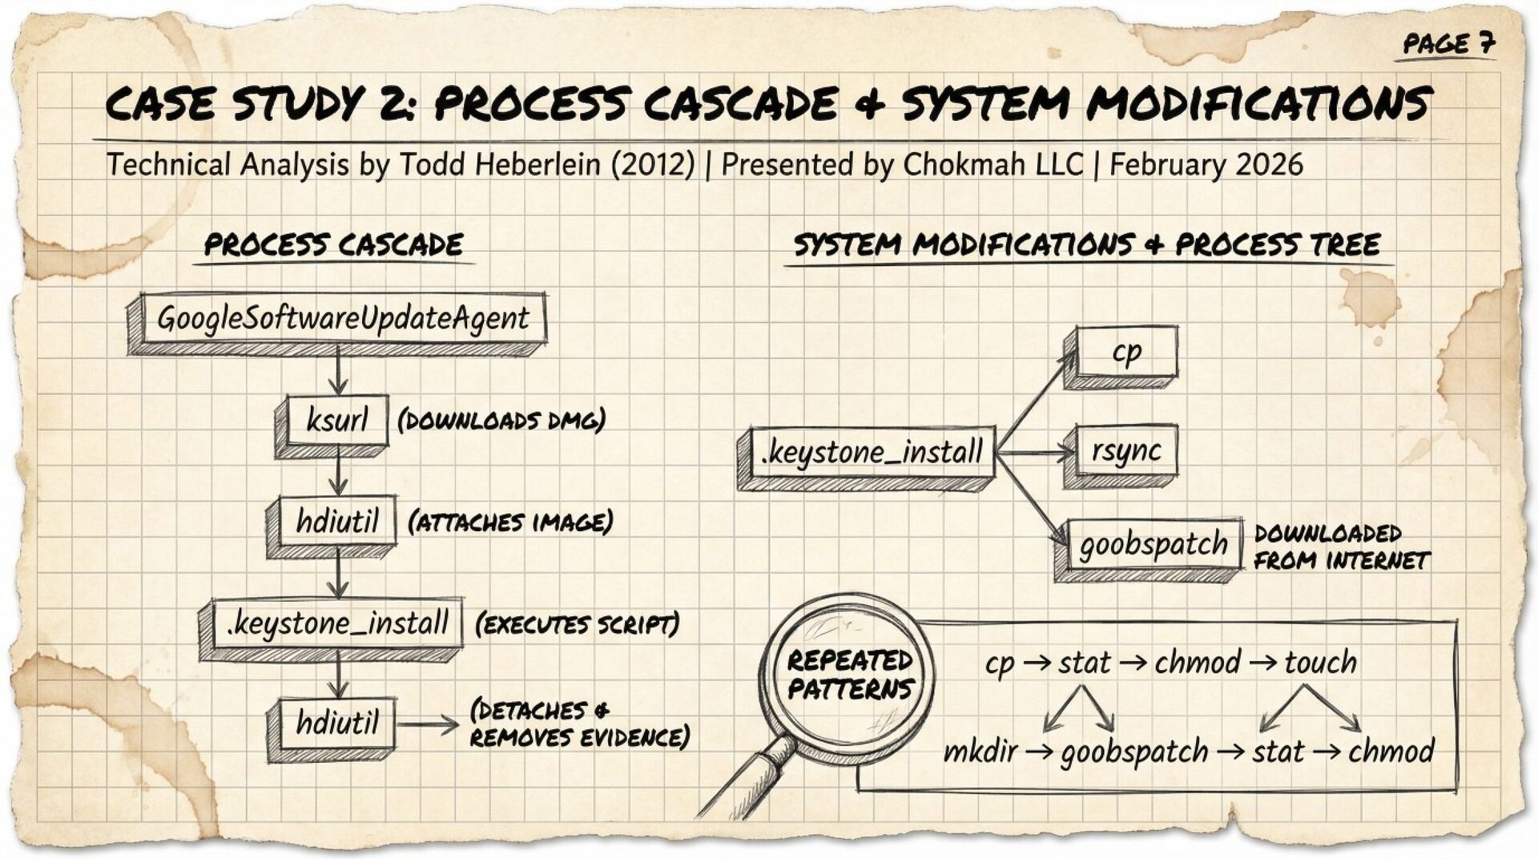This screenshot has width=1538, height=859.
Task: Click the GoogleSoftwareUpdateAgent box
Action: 342,319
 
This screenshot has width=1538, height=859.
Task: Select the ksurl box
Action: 337,420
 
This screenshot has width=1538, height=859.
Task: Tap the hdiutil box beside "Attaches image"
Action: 336,522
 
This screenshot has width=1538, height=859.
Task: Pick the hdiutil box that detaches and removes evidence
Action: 336,724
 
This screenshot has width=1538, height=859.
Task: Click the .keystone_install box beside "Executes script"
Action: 336,623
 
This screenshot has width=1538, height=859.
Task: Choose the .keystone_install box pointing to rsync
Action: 872,453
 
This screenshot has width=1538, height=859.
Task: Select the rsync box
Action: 1125,451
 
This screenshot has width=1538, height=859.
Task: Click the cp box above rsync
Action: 1126,352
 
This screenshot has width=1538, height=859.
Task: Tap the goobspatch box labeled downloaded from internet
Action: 1153,545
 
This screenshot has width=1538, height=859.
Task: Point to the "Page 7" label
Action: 1448,44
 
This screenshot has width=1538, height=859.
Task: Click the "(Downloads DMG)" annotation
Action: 501,421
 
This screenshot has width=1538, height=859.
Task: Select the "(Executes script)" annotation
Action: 577,624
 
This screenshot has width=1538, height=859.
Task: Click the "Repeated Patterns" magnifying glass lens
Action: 849,675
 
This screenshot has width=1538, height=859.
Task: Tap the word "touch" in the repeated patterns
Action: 1320,663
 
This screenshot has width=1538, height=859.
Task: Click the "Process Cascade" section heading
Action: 333,245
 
